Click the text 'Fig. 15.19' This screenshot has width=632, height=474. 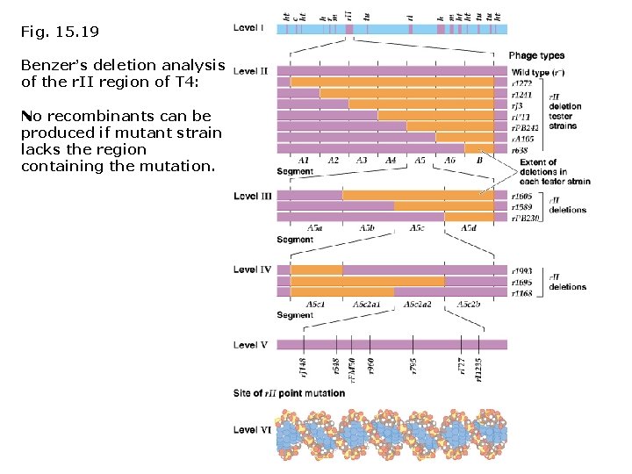(x=59, y=32)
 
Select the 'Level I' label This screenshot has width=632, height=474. (x=249, y=28)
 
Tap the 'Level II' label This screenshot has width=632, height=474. (x=251, y=71)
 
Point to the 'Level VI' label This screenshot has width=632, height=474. (x=251, y=430)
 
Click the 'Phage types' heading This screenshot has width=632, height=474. (x=536, y=56)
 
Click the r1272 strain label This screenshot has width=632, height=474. (x=523, y=82)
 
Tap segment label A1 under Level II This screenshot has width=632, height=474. (x=304, y=161)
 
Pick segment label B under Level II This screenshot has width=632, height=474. (x=479, y=161)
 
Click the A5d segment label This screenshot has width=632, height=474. (x=469, y=228)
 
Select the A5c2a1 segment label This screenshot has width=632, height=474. (x=366, y=304)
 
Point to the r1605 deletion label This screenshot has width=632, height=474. (x=522, y=197)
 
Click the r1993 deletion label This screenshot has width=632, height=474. (x=522, y=272)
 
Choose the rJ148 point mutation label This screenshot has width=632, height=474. (x=303, y=367)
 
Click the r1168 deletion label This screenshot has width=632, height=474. (x=522, y=294)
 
